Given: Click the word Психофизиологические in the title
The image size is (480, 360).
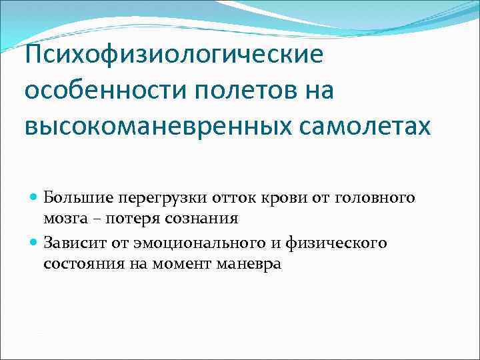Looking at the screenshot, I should pos(173,54).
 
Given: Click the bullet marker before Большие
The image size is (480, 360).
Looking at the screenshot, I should pos(35,198).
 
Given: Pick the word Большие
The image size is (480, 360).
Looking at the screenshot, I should pos(72,198).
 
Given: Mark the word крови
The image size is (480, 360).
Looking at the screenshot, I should pos(274,198).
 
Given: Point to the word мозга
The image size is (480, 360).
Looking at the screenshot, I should pos(63,219).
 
